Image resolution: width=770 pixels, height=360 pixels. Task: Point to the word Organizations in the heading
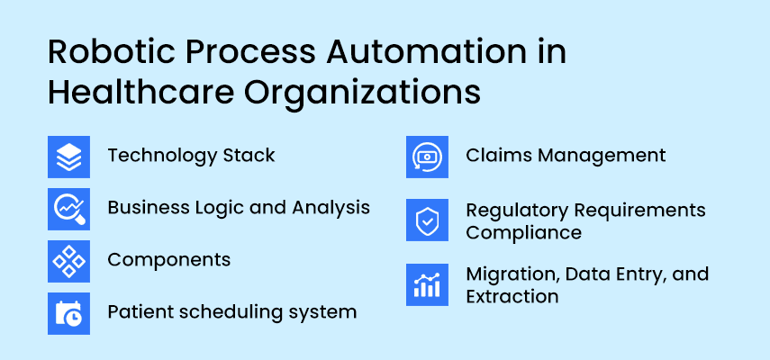[362, 94]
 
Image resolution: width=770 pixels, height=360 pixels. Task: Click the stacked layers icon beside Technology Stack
[68, 157]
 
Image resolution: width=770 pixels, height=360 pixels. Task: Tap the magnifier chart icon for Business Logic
[68, 209]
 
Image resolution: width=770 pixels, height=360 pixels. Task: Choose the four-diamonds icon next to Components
[68, 261]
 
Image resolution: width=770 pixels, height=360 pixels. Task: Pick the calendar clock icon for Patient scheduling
[68, 313]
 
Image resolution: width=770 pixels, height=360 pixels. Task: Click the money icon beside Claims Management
[427, 157]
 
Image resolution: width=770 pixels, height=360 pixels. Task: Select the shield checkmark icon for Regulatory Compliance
[427, 220]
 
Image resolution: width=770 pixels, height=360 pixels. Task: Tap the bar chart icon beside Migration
[427, 285]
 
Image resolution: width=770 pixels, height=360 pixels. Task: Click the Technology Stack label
[191, 157]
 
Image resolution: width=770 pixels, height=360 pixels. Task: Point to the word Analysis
[331, 208]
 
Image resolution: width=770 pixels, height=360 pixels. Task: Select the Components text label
[169, 260]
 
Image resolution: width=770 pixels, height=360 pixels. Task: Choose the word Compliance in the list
[524, 233]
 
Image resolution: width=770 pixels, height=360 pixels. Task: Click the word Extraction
[512, 296]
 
